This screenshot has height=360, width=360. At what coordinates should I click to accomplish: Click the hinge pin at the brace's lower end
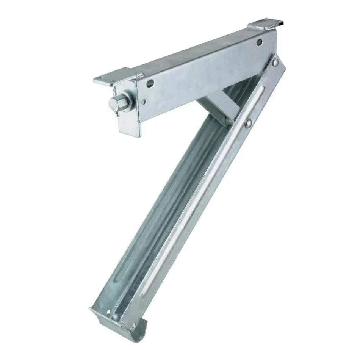227,121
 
